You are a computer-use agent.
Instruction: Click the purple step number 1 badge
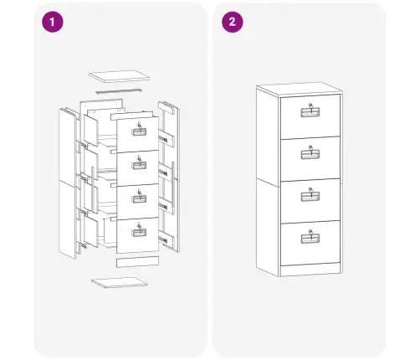(x=53, y=22)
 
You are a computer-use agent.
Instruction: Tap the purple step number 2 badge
(x=233, y=22)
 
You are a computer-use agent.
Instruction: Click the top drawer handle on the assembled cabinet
(x=310, y=112)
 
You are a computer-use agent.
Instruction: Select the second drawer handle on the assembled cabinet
(x=310, y=154)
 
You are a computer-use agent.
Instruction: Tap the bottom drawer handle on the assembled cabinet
(x=310, y=239)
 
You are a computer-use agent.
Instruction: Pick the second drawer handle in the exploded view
(x=139, y=165)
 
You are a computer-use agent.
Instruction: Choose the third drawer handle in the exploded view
(x=139, y=198)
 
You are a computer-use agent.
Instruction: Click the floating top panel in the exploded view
(x=120, y=76)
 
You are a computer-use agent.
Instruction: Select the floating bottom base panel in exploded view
(x=120, y=283)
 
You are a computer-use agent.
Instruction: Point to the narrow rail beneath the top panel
(x=119, y=91)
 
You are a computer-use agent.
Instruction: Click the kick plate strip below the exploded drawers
(x=137, y=262)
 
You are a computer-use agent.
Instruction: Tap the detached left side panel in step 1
(x=68, y=183)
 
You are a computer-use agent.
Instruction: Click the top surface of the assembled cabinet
(x=300, y=90)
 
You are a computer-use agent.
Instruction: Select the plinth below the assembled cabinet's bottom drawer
(x=310, y=270)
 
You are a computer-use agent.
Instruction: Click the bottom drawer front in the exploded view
(x=137, y=235)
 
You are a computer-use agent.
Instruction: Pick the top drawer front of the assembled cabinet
(x=310, y=116)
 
